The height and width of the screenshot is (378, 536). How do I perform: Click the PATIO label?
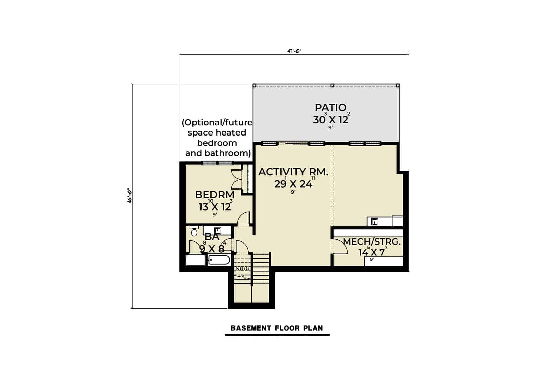tap(330, 108)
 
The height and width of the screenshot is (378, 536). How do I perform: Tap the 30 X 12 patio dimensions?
tap(331, 120)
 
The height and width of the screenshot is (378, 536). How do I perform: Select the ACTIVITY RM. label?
tap(293, 172)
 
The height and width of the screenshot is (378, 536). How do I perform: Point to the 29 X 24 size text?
tap(293, 184)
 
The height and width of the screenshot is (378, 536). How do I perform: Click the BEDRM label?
tap(215, 195)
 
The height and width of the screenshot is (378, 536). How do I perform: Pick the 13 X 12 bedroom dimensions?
tap(215, 207)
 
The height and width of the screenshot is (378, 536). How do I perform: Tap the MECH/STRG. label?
tap(372, 241)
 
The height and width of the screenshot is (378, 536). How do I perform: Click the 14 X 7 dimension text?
tap(372, 252)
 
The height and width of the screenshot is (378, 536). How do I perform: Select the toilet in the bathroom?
tap(194, 231)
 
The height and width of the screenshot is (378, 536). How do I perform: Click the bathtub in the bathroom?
tap(219, 260)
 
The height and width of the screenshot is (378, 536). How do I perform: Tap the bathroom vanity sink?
tap(218, 231)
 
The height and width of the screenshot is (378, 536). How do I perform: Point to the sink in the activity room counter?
tap(375, 222)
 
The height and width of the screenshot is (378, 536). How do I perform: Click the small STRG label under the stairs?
tap(242, 269)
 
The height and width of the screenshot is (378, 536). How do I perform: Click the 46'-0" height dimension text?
tap(129, 196)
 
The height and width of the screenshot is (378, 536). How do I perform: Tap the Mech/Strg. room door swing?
tap(339, 247)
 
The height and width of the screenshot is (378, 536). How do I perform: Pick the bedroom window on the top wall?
tap(217, 163)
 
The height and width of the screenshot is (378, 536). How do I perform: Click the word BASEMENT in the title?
tap(251, 328)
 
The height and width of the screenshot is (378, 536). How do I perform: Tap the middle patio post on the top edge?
tap(332, 85)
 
